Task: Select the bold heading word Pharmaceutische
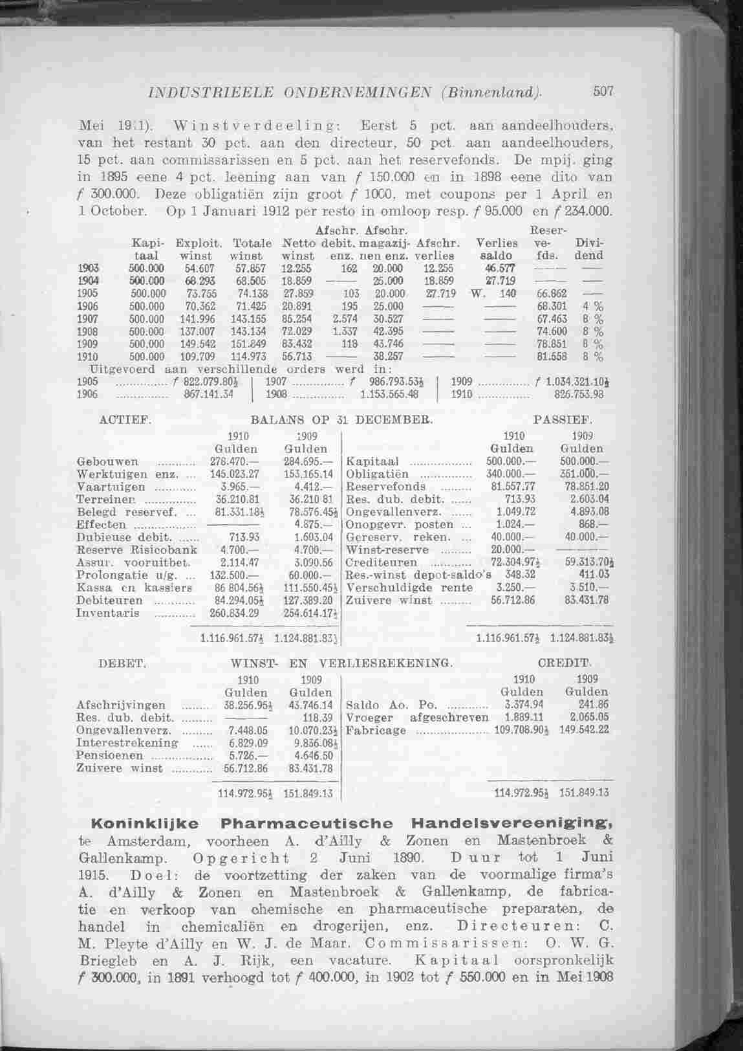coord(307,824)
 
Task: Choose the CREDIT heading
coord(565,663)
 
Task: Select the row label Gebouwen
coord(107,462)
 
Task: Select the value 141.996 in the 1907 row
coord(199,318)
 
